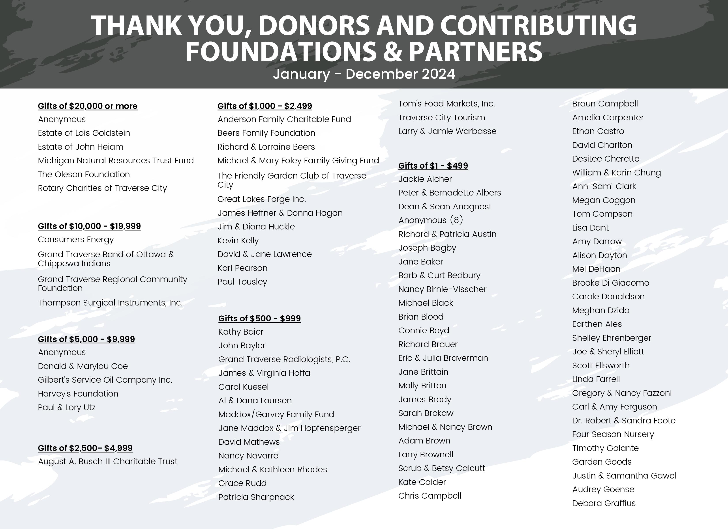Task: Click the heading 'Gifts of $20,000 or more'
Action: [x=88, y=106]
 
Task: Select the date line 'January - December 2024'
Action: [x=364, y=74]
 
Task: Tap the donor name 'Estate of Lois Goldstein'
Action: [x=84, y=133]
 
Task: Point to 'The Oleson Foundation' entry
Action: [x=84, y=175]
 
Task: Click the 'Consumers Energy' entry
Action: [x=76, y=240]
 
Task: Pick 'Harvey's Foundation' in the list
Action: [x=78, y=394]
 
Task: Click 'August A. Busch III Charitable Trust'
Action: [x=107, y=461]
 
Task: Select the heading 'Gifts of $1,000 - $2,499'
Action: [x=265, y=106]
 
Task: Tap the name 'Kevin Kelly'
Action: [x=238, y=241]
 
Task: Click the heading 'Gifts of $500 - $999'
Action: [x=259, y=319]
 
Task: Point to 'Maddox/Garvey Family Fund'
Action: [x=276, y=414]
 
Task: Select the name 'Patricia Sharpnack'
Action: [x=256, y=497]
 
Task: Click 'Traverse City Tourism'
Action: [x=442, y=118]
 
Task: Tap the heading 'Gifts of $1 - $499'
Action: [x=433, y=166]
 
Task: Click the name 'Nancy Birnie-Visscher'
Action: [x=442, y=289]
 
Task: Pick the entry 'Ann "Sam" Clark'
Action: [x=604, y=186]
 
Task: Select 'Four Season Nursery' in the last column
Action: [x=613, y=434]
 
